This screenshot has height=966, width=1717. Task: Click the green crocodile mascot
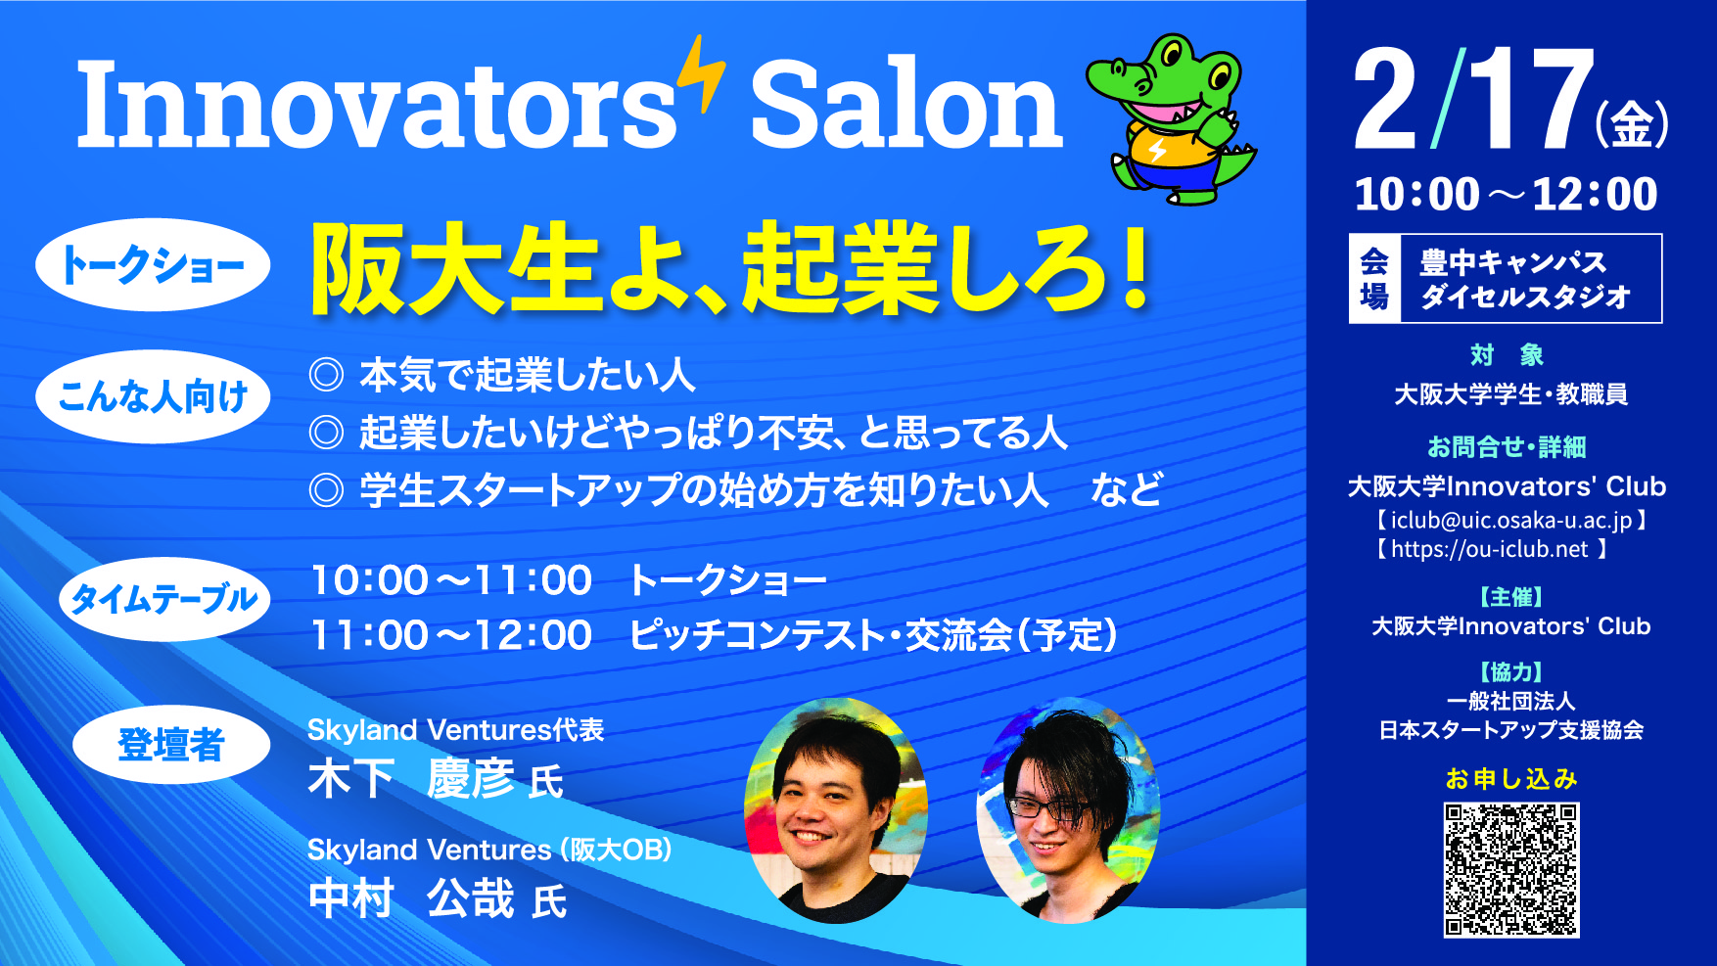1170,117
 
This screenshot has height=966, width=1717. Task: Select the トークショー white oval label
153,264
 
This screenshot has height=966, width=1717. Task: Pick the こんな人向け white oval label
153,396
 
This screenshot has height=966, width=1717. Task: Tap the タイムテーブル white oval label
163,598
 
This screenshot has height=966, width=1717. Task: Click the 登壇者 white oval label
171,744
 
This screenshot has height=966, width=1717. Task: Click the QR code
1511,870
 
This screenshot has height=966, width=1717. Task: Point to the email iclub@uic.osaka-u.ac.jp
1511,520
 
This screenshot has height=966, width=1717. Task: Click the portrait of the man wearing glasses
1068,809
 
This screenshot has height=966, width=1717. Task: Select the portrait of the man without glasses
836,809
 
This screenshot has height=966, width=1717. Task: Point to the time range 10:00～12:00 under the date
1506,194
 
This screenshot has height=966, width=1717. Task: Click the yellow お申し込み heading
1511,779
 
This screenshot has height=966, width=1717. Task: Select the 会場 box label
1374,279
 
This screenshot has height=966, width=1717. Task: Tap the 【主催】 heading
1511,597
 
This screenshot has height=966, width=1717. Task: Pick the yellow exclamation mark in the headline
1137,266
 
